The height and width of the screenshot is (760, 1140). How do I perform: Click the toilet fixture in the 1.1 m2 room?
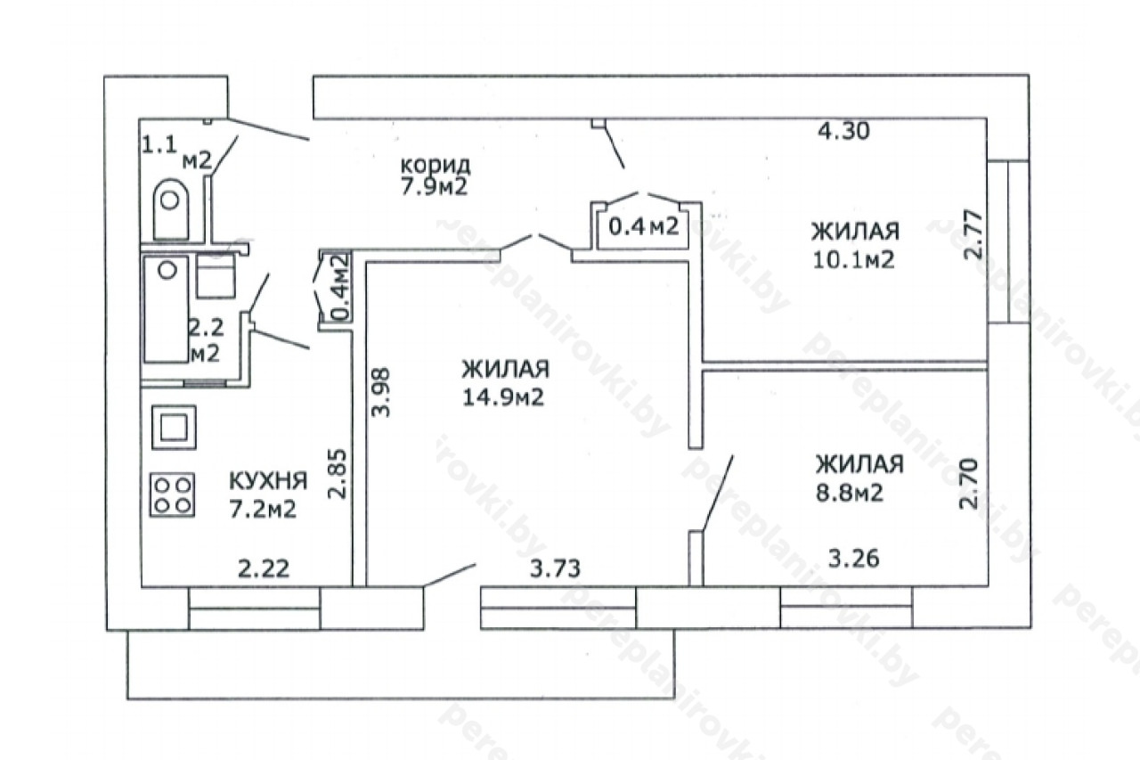171,208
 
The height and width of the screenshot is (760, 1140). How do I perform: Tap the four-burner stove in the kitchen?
172,494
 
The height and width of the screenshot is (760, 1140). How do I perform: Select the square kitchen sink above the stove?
174,427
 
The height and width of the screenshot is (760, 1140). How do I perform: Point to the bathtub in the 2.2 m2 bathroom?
167,309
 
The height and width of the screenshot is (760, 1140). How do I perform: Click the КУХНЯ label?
268,481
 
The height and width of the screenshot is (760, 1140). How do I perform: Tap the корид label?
436,165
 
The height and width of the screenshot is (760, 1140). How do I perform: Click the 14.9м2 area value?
503,397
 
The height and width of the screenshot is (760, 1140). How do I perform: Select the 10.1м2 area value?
853,260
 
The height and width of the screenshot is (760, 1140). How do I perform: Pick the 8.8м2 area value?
850,493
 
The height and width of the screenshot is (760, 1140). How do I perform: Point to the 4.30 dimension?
843,132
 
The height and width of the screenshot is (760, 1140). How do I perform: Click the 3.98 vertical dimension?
381,392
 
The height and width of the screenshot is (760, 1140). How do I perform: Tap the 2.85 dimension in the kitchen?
338,473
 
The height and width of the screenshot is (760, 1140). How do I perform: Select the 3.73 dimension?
555,568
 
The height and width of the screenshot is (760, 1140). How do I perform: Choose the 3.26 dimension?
854,559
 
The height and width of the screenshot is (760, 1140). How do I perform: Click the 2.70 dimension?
968,484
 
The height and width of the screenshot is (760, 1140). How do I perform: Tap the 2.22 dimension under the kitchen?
264,568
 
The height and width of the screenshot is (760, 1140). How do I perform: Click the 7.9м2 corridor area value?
434,187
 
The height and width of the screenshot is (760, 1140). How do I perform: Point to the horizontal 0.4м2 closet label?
644,226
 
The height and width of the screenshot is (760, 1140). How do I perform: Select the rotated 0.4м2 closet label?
340,286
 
